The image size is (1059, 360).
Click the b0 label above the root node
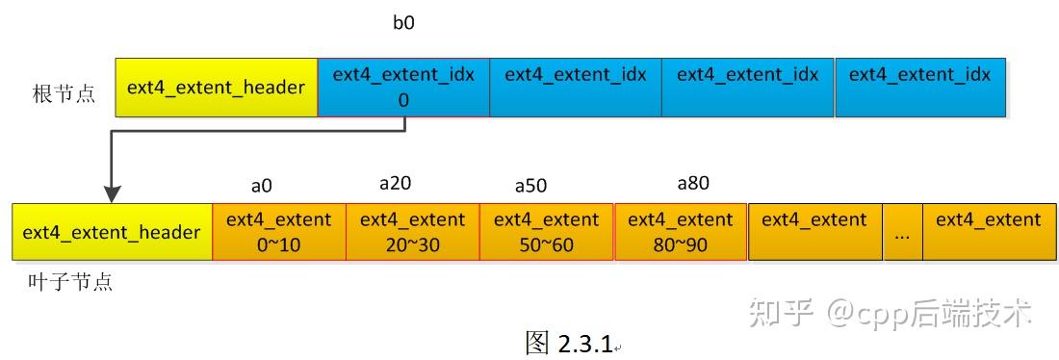403,23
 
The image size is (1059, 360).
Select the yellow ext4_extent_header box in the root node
216,88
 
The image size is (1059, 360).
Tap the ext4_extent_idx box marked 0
403,88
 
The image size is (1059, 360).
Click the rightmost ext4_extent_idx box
919,88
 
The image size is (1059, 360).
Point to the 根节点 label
64,93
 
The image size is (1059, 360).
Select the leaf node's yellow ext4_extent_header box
112,232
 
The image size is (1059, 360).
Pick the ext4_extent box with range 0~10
278,232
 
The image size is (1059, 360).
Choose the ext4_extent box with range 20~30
412,232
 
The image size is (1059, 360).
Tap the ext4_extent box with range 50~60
546,232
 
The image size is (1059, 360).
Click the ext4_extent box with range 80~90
680,232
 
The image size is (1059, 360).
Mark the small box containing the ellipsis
902,232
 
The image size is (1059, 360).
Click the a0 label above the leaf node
261,184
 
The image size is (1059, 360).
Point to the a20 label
396,182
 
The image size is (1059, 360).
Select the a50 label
531,185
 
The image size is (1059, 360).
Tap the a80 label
693,182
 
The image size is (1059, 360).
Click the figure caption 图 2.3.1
570,342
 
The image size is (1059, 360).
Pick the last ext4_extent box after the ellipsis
988,232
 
